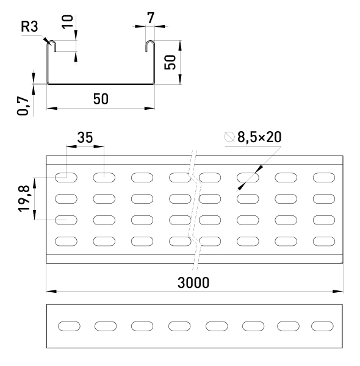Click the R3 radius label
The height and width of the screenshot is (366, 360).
coord(29,26)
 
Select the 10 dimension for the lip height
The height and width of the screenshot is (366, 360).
coord(68,21)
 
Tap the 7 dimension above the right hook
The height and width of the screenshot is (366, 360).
coord(151,18)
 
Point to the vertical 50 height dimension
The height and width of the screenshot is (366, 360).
coord(170,62)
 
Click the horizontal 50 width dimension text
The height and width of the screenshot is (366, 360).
coord(101,99)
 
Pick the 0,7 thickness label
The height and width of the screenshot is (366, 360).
coord(23,106)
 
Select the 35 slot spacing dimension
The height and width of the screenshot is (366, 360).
coord(85,137)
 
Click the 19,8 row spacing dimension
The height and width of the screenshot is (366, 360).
coord(24,198)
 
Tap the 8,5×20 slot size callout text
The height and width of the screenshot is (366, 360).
coord(259,137)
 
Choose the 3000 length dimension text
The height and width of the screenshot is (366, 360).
coord(193,282)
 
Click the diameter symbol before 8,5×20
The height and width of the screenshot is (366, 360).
coord(229,137)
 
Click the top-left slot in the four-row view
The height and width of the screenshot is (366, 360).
coord(66,178)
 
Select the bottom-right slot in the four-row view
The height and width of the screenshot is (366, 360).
coord(324,242)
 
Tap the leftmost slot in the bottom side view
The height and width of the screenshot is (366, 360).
coord(69,326)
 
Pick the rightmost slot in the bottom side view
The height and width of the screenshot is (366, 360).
coord(322,326)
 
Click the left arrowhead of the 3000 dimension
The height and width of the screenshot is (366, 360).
coord(51,292)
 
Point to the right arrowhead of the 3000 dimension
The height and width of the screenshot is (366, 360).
coord(338,292)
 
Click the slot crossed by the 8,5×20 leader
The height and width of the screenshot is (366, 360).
coord(248,178)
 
